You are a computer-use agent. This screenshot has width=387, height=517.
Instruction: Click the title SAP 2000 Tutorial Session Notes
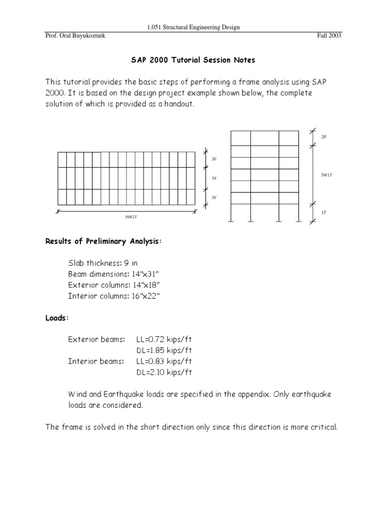[x=193, y=60]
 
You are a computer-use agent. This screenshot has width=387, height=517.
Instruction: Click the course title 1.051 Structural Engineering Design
[x=193, y=27]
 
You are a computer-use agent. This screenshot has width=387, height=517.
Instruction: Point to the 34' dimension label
[x=214, y=178]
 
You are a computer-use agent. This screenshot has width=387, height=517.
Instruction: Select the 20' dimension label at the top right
[x=324, y=137]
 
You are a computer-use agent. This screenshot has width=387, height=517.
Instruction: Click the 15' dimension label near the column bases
[x=324, y=213]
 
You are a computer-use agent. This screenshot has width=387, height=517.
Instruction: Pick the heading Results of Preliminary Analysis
[x=104, y=242]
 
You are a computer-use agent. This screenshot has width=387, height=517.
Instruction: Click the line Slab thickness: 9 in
[x=105, y=263]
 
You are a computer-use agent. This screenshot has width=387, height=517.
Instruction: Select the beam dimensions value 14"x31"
[x=150, y=274]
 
